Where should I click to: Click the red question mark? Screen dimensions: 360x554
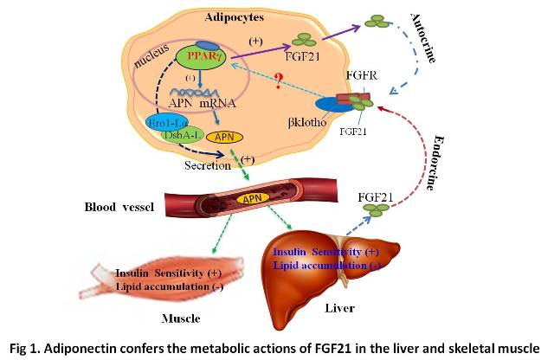tap(279, 83)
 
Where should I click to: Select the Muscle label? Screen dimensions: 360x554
tap(181, 318)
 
